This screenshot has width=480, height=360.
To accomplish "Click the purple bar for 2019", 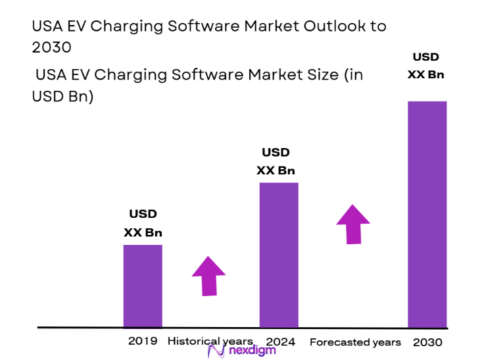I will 143,286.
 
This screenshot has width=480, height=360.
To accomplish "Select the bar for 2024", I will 279,254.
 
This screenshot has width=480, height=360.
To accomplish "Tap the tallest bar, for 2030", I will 427,214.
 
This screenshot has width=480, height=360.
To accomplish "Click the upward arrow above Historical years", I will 208,275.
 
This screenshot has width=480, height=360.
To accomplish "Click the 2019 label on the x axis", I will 143,341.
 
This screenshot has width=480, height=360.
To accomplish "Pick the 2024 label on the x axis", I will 281,342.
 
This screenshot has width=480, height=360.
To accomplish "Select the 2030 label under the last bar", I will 427,342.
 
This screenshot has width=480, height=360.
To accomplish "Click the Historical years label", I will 210,341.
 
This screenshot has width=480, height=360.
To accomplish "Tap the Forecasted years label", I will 355,342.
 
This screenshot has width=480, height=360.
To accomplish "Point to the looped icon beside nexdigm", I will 217,350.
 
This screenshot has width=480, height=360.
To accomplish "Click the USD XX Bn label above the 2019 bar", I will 143,223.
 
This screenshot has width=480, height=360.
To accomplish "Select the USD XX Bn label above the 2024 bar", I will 276,161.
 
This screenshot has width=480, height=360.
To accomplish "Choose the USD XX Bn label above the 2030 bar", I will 425,66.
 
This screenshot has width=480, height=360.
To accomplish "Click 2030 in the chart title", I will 51,48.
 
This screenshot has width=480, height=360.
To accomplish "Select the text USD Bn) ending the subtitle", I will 62,96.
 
